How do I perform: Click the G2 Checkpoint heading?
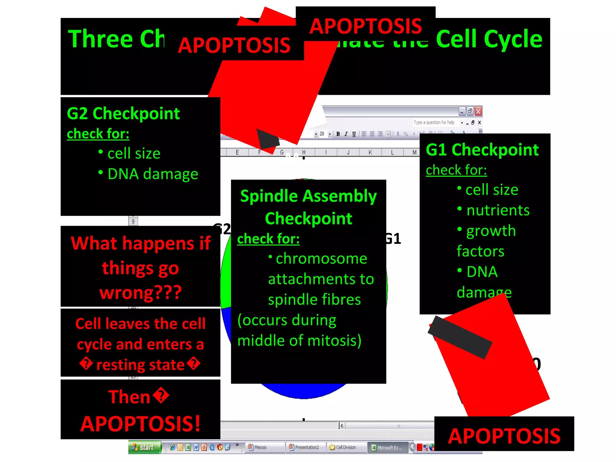point(123,114)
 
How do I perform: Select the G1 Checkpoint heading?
point(482,150)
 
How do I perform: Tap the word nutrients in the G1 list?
point(498,210)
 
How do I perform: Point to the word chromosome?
point(321,259)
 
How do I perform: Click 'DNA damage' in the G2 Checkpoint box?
point(153,174)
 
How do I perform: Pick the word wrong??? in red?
point(140,292)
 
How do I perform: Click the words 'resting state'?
point(140,365)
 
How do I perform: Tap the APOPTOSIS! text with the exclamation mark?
point(140,424)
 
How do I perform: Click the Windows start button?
point(144,447)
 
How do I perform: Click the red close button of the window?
point(478,111)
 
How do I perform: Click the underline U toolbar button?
point(354,134)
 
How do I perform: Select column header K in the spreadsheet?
point(370,152)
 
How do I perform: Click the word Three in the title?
point(100,39)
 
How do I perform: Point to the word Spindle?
point(269,196)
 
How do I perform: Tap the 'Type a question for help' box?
point(434,122)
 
